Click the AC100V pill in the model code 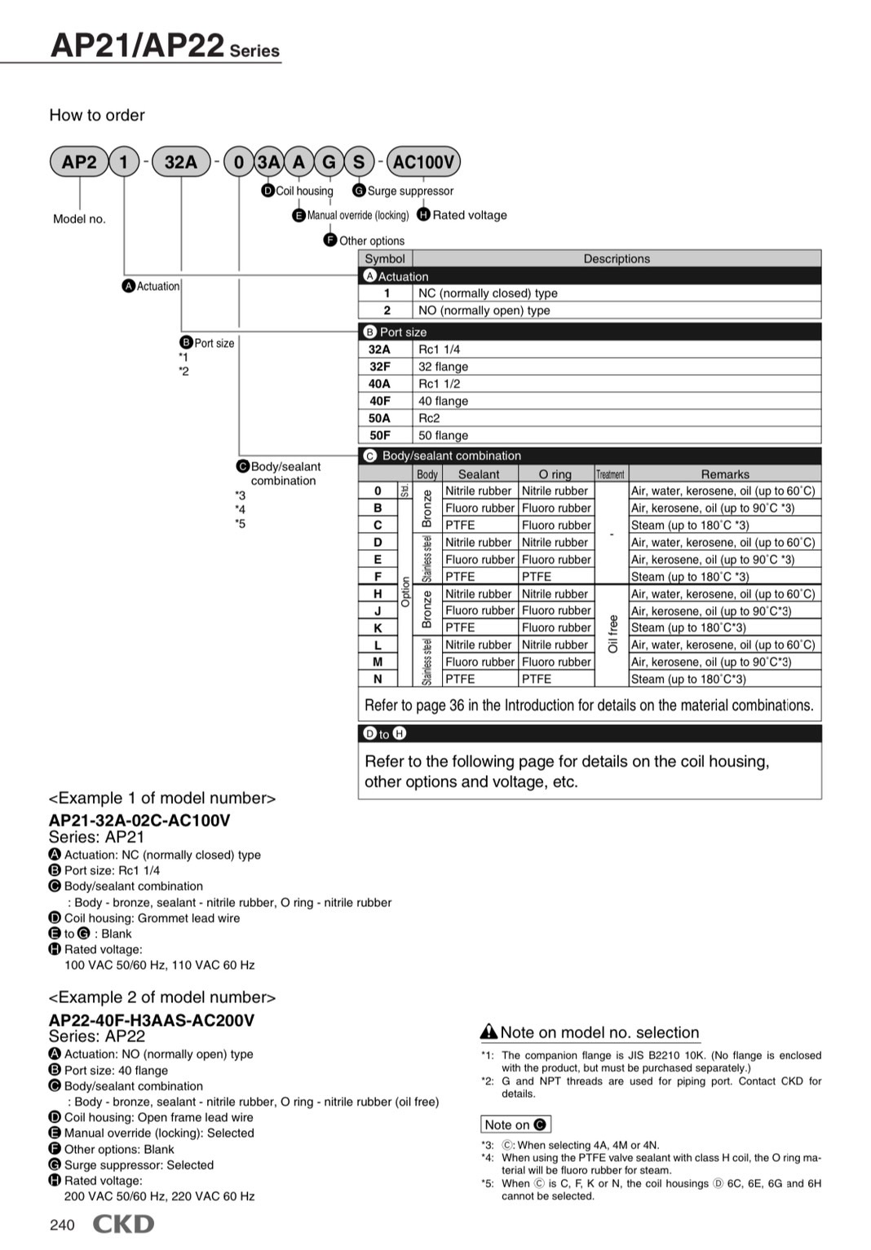pos(423,161)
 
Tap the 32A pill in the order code pos(181,161)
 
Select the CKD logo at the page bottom pos(122,1224)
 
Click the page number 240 pos(62,1226)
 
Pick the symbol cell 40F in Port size pos(380,401)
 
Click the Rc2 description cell pos(430,418)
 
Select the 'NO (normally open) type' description pos(484,310)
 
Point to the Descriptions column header pos(617,258)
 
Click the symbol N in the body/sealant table pos(378,679)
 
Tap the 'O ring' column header pos(555,473)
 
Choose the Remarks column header pos(725,473)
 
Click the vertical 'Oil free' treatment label pos(613,635)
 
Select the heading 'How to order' pos(97,115)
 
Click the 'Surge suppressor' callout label pos(410,191)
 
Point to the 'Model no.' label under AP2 pos(79,218)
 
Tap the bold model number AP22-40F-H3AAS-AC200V pos(152,1019)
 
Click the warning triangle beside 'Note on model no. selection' pos(489,1032)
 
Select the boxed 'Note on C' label pos(515,1125)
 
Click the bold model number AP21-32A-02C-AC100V pos(139,820)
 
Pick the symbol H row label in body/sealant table pos(378,594)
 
